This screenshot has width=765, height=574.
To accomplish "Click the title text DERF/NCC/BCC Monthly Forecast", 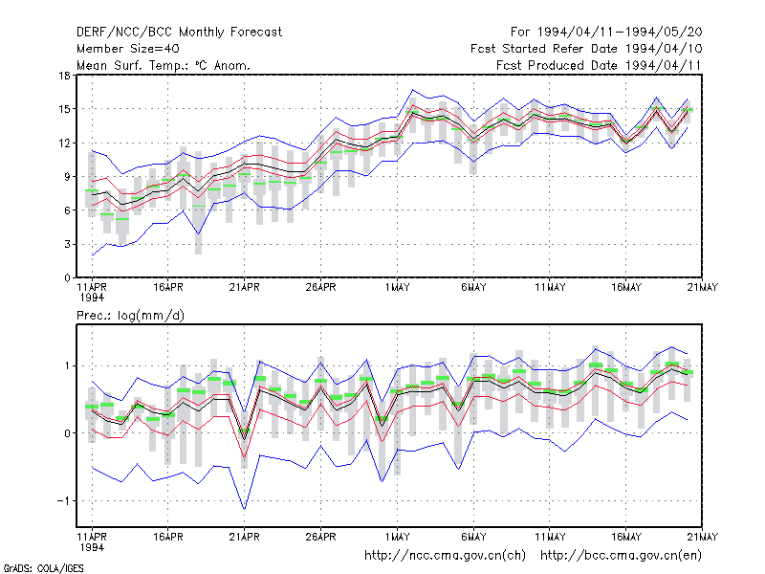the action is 179,33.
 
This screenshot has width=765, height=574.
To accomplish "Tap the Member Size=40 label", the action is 128,49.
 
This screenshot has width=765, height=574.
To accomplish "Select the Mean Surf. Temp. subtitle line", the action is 163,65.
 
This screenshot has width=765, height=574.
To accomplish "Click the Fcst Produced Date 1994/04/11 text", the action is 599,65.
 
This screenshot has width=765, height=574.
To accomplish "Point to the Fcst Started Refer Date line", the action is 586,49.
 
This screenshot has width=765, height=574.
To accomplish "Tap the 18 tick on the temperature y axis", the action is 64,76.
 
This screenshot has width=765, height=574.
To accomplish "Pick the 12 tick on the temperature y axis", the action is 64,143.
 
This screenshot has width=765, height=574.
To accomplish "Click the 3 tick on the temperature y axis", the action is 67,244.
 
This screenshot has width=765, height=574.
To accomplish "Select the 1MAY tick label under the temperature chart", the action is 397,288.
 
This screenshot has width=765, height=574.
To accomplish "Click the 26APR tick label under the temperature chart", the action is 320,288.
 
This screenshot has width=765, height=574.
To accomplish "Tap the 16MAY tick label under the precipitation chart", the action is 626,537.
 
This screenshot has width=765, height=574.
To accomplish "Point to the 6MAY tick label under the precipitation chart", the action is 473,537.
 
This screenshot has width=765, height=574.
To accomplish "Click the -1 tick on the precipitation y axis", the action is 63,501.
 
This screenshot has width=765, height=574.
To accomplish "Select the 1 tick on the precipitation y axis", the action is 67,366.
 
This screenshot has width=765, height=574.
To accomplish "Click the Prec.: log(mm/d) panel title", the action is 130,316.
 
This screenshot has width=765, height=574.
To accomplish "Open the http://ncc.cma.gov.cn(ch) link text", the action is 445,556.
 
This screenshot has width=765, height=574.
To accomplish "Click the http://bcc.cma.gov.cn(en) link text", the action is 621,556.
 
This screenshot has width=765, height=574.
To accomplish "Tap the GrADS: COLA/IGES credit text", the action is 43,568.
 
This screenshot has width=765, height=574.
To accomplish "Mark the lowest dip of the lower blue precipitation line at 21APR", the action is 245,509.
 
